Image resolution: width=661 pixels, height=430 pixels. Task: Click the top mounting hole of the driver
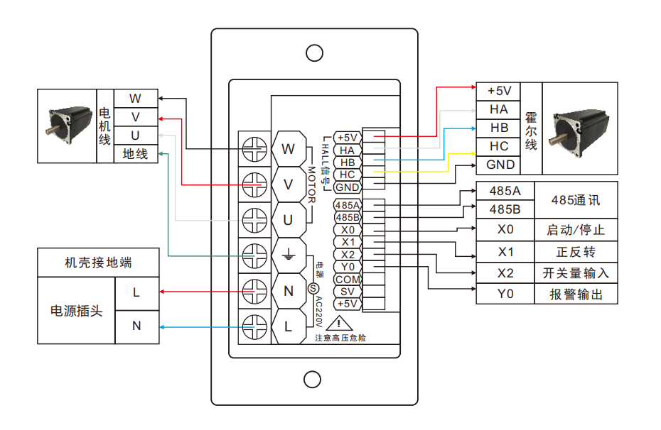[x=313, y=53]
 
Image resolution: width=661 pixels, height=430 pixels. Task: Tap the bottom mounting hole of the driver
[x=313, y=380]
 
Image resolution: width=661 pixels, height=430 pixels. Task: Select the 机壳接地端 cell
[x=98, y=263]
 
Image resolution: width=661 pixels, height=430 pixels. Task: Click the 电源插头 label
[x=76, y=311]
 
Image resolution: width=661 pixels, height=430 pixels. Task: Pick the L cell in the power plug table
[x=136, y=292]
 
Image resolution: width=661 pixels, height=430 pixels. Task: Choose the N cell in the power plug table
[x=136, y=326]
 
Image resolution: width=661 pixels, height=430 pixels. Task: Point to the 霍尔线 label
[x=531, y=128]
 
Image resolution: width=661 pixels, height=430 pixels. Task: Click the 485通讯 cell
[x=575, y=200]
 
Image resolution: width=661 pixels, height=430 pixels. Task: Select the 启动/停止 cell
[x=575, y=230]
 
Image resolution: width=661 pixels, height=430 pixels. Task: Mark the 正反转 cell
[x=575, y=252]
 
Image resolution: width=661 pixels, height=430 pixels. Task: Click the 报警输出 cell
[x=575, y=294]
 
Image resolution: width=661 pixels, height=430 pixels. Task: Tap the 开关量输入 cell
[x=575, y=273]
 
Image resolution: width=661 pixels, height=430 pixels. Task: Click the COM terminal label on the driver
[x=348, y=280]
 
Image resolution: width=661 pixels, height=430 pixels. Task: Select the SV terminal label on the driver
[x=348, y=292]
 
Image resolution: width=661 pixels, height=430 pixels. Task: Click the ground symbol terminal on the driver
[x=288, y=253]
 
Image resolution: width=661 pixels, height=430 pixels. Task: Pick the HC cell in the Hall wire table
[x=499, y=146]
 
